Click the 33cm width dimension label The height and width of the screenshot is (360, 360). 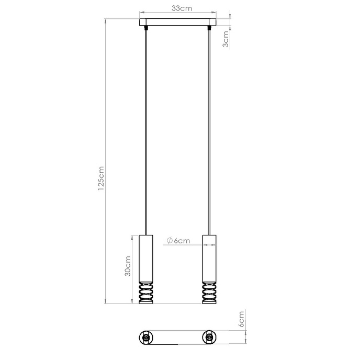179,8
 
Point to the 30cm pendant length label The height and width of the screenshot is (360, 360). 127,266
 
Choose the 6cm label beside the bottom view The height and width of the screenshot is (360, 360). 242,319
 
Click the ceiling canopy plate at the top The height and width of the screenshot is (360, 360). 177,23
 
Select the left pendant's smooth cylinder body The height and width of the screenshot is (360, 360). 146,259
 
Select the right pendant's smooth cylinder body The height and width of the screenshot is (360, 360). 209,259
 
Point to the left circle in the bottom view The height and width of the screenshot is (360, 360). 146,339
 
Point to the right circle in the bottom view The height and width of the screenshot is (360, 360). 209,339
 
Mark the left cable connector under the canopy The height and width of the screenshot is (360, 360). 146,29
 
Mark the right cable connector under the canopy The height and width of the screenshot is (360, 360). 209,29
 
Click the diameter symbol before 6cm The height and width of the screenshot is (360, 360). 170,240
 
